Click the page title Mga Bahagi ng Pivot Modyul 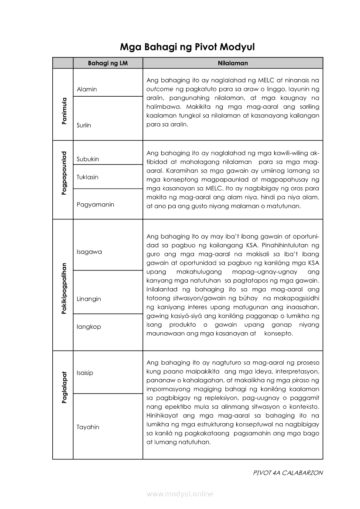click(x=187, y=47)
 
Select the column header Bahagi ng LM click(x=108, y=63)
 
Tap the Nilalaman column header click(x=233, y=63)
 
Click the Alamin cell click(x=87, y=89)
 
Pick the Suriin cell click(x=84, y=125)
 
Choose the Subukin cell click(x=88, y=159)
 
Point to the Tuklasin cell click(x=87, y=177)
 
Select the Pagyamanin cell click(x=95, y=204)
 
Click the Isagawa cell click(x=89, y=252)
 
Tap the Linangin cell click(x=88, y=299)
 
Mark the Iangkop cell click(x=88, y=327)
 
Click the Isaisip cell click(x=85, y=373)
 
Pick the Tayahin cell click(x=88, y=427)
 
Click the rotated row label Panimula click(x=64, y=111)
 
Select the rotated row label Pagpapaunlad click(x=64, y=173)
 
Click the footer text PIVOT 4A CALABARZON click(x=288, y=473)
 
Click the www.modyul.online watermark click(x=180, y=494)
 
